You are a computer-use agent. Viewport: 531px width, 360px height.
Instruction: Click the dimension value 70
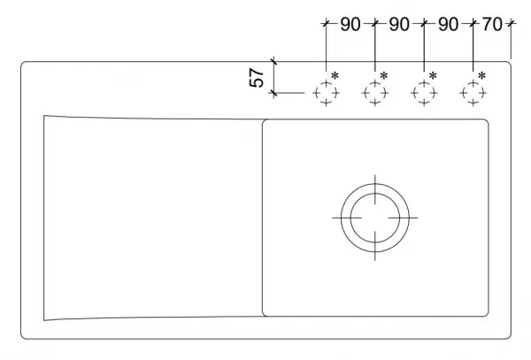coord(492,24)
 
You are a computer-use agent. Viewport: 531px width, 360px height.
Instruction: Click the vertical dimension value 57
coord(257,78)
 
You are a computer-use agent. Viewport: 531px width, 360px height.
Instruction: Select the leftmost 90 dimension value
coord(350,25)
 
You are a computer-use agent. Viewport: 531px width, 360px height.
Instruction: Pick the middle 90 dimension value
coord(399,25)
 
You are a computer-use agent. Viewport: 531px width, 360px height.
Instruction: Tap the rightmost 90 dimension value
coord(449,25)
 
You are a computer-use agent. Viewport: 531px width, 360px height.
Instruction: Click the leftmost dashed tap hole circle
coord(326,83)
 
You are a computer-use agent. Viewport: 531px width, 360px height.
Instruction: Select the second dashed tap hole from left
coord(375,83)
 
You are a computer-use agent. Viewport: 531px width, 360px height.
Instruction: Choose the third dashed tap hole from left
coord(424,83)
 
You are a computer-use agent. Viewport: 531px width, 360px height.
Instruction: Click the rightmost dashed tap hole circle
coord(473,83)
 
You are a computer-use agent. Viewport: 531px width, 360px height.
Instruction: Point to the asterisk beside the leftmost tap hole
coord(335,75)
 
